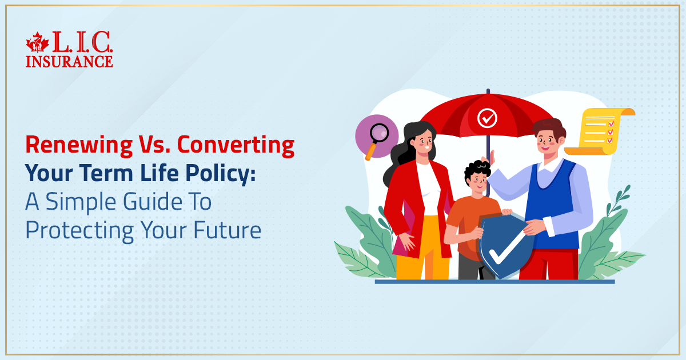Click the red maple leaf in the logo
click(38, 44)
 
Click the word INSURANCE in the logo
click(69, 61)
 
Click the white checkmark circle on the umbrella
click(487, 118)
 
